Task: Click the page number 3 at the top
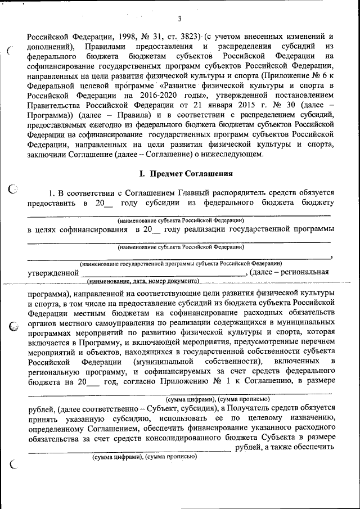point(179,19)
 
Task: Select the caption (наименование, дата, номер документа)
point(144,281)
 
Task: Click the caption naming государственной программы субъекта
point(181,263)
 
